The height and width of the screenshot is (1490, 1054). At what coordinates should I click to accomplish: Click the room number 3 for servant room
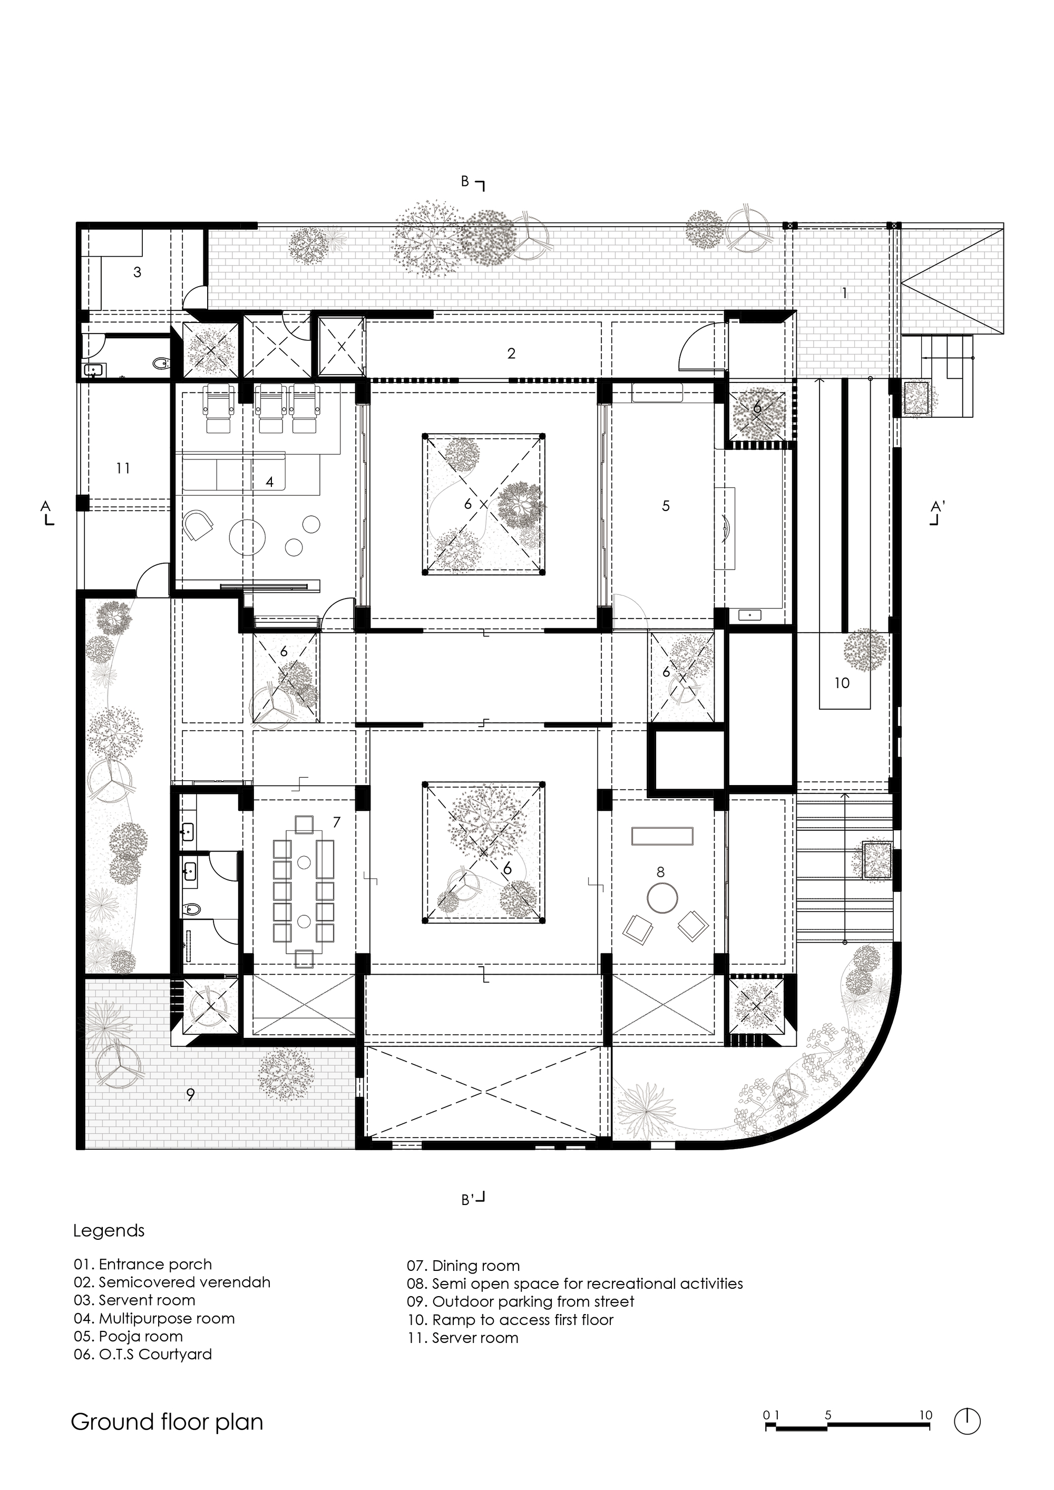(137, 272)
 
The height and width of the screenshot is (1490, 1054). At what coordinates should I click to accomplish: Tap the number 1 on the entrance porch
(844, 293)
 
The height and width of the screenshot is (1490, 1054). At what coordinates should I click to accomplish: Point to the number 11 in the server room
(123, 468)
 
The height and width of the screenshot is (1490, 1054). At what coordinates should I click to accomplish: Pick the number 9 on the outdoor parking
(190, 1095)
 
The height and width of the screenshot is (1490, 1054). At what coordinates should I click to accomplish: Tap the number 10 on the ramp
(841, 683)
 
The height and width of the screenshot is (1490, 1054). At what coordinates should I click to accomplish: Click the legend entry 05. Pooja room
(128, 1336)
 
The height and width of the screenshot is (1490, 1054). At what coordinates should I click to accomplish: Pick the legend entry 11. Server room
(462, 1338)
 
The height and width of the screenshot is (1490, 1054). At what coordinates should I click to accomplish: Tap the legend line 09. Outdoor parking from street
(521, 1301)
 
